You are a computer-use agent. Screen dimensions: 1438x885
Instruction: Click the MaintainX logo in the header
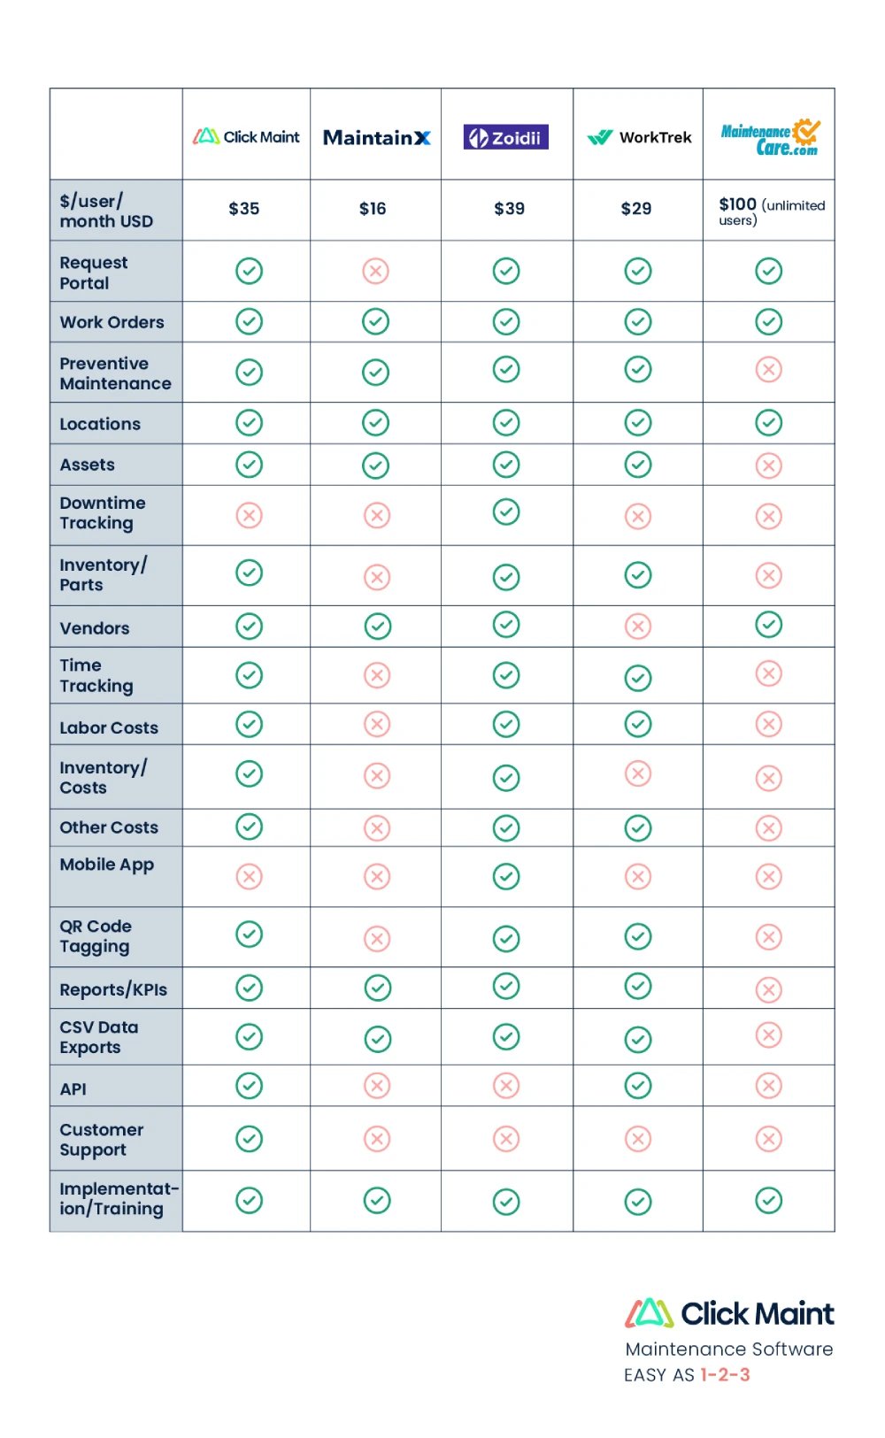tap(376, 138)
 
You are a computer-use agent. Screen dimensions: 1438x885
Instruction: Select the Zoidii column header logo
tap(506, 137)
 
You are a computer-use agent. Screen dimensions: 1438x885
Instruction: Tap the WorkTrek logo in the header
tap(639, 137)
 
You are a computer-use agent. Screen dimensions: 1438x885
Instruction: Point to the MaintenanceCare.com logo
tap(770, 138)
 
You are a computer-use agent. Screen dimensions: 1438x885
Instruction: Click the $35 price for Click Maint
tap(244, 209)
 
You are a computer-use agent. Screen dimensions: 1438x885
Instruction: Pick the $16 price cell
tap(373, 209)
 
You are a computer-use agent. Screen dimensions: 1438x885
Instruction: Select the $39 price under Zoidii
tap(509, 209)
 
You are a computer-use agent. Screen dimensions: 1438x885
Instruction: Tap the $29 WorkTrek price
tap(636, 209)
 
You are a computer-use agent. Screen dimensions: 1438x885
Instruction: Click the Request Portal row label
tap(94, 273)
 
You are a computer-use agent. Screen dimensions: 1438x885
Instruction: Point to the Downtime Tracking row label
tap(103, 513)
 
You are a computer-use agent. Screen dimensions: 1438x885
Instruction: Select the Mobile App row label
tap(107, 865)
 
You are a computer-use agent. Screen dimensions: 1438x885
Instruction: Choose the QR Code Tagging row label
tap(96, 936)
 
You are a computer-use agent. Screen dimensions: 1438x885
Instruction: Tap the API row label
tap(73, 1089)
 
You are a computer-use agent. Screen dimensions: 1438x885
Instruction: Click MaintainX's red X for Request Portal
tap(376, 271)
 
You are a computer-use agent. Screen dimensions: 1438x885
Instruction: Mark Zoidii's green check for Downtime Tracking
tap(506, 511)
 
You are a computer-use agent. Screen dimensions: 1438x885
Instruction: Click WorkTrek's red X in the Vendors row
tap(638, 627)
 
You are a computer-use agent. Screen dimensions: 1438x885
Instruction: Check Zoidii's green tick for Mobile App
tap(506, 877)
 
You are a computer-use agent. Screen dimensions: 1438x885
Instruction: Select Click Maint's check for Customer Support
tap(250, 1139)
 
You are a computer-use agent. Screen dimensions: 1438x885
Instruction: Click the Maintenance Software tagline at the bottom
tap(729, 1350)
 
